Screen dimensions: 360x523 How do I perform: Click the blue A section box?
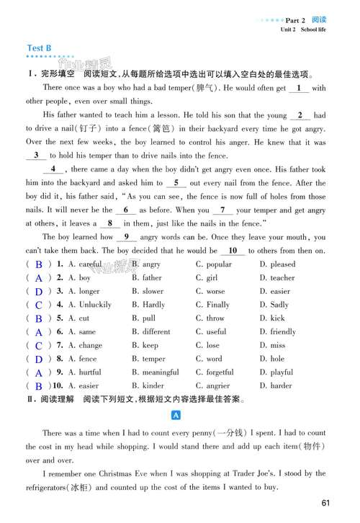[176, 416]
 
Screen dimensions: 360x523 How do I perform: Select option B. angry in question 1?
[147, 264]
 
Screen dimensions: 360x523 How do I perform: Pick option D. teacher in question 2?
[277, 277]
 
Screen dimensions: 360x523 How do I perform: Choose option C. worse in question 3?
[210, 291]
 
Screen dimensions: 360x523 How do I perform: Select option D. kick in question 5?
[272, 318]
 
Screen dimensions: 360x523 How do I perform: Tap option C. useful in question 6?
[212, 331]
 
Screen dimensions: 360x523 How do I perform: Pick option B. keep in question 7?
[146, 345]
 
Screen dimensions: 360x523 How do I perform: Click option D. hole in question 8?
[272, 358]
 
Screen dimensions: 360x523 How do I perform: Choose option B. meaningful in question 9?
[156, 372]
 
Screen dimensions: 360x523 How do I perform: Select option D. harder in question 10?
[276, 385]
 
